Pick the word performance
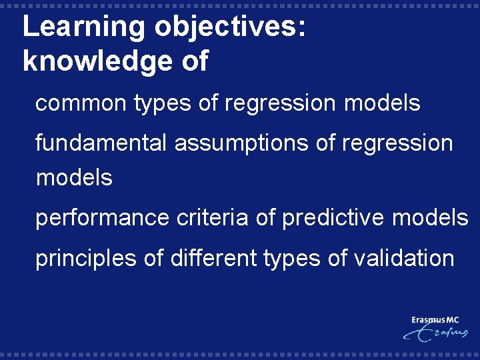[x=102, y=218]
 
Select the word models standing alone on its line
[x=74, y=178]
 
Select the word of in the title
[x=193, y=62]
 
